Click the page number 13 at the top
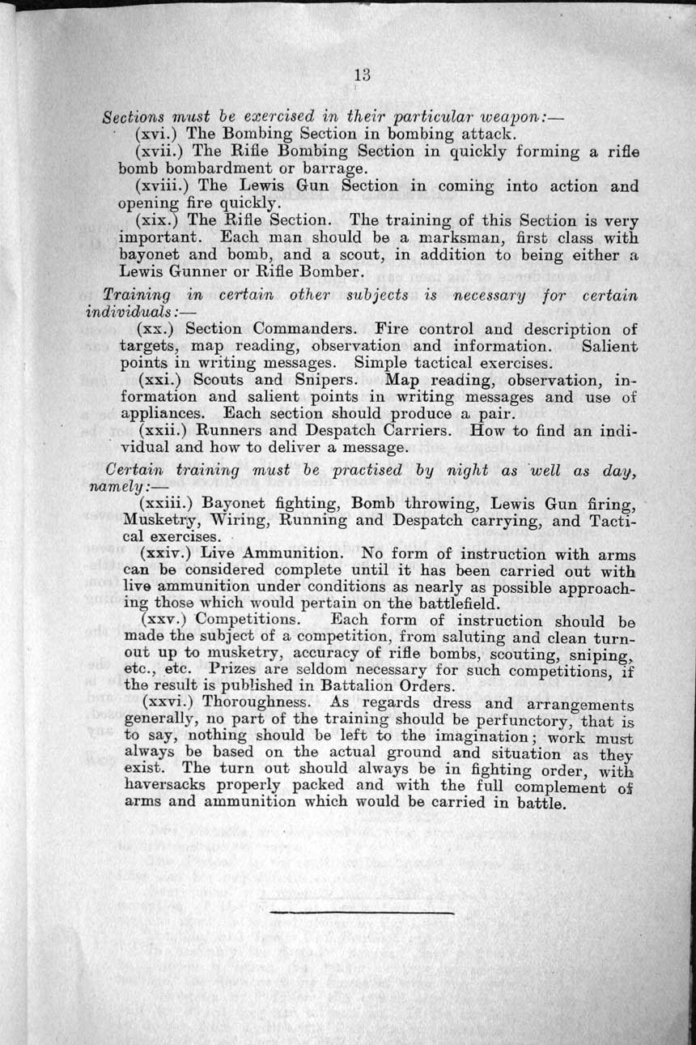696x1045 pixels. click(362, 75)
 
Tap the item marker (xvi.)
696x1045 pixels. click(159, 134)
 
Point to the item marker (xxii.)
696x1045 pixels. click(165, 431)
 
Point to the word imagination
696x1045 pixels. click(448, 737)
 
